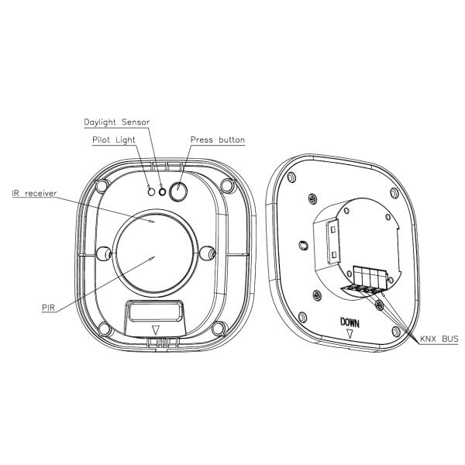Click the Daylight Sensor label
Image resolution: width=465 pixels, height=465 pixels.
tap(116, 122)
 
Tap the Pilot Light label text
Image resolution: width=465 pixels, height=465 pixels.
tap(114, 140)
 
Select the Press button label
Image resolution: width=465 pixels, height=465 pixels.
tap(218, 139)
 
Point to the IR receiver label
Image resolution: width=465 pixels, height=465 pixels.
tap(34, 193)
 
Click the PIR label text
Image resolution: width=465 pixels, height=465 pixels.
tap(48, 308)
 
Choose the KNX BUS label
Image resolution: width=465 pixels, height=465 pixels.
tap(439, 339)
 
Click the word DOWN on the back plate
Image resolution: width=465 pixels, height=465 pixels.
tap(350, 322)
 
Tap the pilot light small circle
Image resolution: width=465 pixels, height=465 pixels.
tap(151, 192)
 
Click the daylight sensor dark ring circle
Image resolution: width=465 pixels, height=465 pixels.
tap(162, 192)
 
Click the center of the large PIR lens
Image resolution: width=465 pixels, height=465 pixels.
tap(154, 253)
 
